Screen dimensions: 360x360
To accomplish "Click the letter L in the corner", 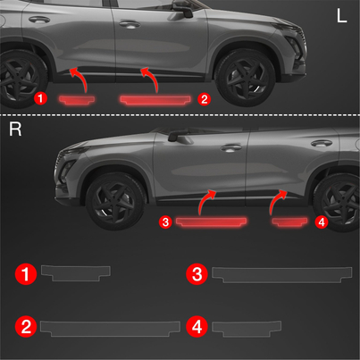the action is click(x=341, y=16).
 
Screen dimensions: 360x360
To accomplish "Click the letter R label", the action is click(x=15, y=129).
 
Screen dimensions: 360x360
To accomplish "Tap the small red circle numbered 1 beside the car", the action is click(x=40, y=98).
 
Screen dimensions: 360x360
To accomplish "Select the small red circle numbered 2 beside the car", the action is click(x=204, y=99).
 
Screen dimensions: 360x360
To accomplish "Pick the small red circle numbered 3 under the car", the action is click(x=165, y=222).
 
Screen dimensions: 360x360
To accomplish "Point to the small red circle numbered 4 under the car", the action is click(x=322, y=222).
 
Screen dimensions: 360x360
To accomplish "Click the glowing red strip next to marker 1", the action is click(x=77, y=100).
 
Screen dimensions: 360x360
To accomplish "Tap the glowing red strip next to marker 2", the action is click(x=155, y=100).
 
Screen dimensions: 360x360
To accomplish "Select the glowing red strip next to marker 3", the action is click(x=211, y=222).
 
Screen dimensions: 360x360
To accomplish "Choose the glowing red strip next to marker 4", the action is click(x=289, y=222).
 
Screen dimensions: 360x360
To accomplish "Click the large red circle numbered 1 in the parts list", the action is click(x=26, y=274).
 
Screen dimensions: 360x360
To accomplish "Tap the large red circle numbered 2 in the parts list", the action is click(x=26, y=326).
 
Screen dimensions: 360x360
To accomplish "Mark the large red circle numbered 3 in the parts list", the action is click(x=197, y=274).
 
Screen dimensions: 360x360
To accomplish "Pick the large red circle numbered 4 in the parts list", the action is click(x=197, y=327).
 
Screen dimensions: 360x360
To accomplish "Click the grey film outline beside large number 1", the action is click(x=76, y=272).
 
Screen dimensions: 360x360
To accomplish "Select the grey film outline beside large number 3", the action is click(x=281, y=273).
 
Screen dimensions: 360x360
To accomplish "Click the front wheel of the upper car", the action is click(x=245, y=79).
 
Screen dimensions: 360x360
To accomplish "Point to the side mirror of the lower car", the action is click(x=177, y=136).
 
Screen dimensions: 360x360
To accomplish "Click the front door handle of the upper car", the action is click(x=130, y=24).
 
